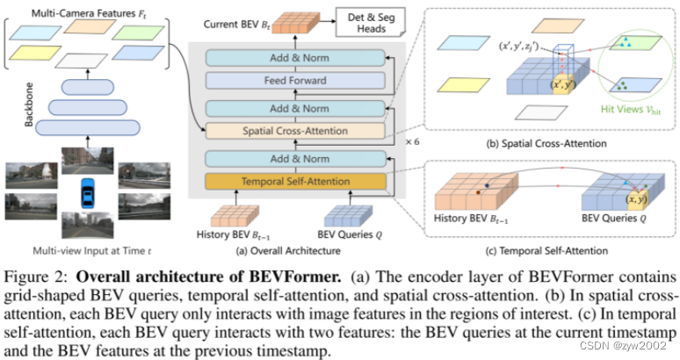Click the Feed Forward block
tap(296, 81)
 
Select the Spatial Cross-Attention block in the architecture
tap(296, 132)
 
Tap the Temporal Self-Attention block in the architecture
tap(296, 182)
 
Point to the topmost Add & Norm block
tap(296, 57)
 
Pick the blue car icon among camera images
tap(88, 191)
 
